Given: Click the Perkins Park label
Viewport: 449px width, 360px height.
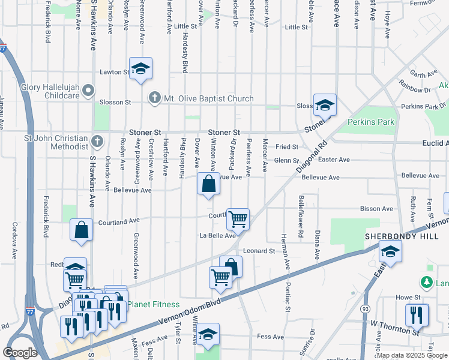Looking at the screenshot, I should coord(371,122).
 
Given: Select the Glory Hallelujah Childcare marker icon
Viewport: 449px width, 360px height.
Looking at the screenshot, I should coord(89,91).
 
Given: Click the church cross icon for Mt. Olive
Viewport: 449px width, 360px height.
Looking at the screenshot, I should coord(155,98).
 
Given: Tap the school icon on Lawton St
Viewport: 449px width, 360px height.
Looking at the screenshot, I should coord(140,70).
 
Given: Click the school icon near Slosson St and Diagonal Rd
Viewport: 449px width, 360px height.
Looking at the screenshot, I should coord(325,106).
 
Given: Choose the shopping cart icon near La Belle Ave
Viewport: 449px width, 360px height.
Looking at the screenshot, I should coord(238,219).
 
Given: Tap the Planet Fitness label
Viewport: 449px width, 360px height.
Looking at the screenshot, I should coord(154,304).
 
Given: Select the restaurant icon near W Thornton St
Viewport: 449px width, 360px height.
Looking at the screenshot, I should coord(417,315).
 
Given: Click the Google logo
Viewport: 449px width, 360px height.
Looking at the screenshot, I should coord(20,353).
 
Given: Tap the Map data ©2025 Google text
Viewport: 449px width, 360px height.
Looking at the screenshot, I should coord(411,355).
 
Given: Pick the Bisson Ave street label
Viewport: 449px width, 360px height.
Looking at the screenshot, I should coord(377,209).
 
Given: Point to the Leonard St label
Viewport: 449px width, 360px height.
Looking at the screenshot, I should coord(258,251).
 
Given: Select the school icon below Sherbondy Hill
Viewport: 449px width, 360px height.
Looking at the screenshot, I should coord(390,253).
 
